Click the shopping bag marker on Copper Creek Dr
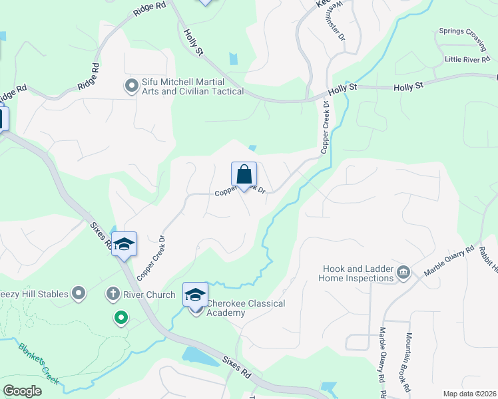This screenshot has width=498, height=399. point(244,175)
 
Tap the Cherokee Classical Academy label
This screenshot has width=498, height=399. point(246,309)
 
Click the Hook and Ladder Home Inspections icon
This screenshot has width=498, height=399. point(403,273)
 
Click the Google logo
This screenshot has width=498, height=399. point(22,391)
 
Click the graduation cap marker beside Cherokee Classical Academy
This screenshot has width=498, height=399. point(195,295)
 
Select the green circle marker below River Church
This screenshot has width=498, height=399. point(121,319)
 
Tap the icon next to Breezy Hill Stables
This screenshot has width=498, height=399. point(79,293)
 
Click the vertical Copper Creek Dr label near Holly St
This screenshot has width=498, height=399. point(326,127)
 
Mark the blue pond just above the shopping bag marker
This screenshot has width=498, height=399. point(252,148)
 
